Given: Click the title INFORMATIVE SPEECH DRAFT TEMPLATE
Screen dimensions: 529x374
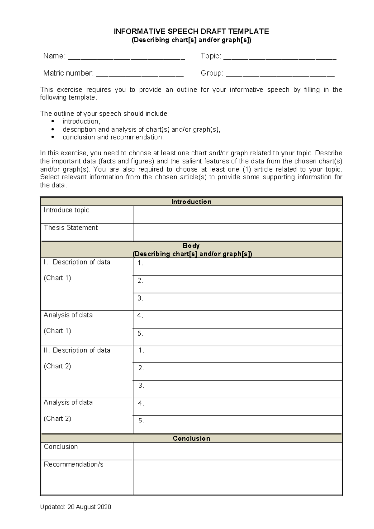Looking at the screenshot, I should (191, 32).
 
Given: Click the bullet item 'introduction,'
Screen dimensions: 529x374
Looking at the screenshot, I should (81, 121).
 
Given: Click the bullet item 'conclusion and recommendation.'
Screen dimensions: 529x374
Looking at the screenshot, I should (113, 137).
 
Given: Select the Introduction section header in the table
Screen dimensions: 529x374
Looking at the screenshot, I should (191, 202).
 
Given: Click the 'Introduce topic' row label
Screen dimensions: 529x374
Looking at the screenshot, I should (66, 210).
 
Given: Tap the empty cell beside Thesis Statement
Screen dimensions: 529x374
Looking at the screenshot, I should (237, 232).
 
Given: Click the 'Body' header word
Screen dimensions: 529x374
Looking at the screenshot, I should (191, 246).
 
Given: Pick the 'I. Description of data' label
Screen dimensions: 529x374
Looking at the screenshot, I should (77, 262).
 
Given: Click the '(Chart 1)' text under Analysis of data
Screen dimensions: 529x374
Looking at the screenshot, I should (57, 331).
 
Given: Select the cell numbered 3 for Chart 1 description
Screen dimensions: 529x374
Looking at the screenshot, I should (237, 301).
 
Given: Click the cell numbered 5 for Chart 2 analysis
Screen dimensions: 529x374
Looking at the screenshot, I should (237, 424).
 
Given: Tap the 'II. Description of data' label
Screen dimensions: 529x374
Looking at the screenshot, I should (77, 350).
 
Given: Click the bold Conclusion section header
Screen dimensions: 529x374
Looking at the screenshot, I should (191, 438).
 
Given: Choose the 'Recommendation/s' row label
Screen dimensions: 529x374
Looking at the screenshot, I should (74, 464).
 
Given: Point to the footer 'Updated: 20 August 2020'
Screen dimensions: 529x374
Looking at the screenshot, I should (75, 507).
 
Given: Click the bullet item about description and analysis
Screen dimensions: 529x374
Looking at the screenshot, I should (141, 129).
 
